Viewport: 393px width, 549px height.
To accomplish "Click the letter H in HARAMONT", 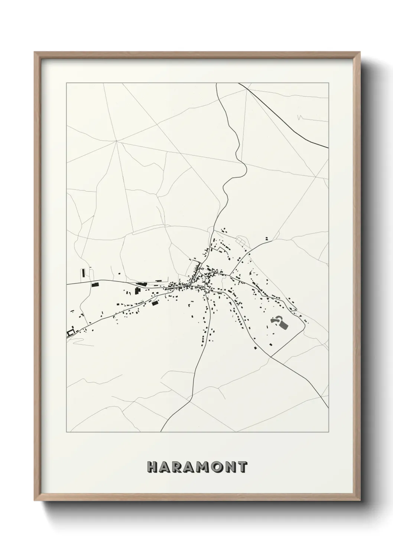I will (153, 467).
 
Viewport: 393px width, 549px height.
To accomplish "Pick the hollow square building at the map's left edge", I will (70, 333).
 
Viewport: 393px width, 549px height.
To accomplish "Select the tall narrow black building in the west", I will (84, 274).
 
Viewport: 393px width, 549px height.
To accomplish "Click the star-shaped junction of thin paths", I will (116, 141).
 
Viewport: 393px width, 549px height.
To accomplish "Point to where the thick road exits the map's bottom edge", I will (162, 432).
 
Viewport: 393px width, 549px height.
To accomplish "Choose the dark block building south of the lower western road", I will (155, 303).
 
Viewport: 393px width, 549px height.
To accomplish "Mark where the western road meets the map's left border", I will (67, 285).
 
